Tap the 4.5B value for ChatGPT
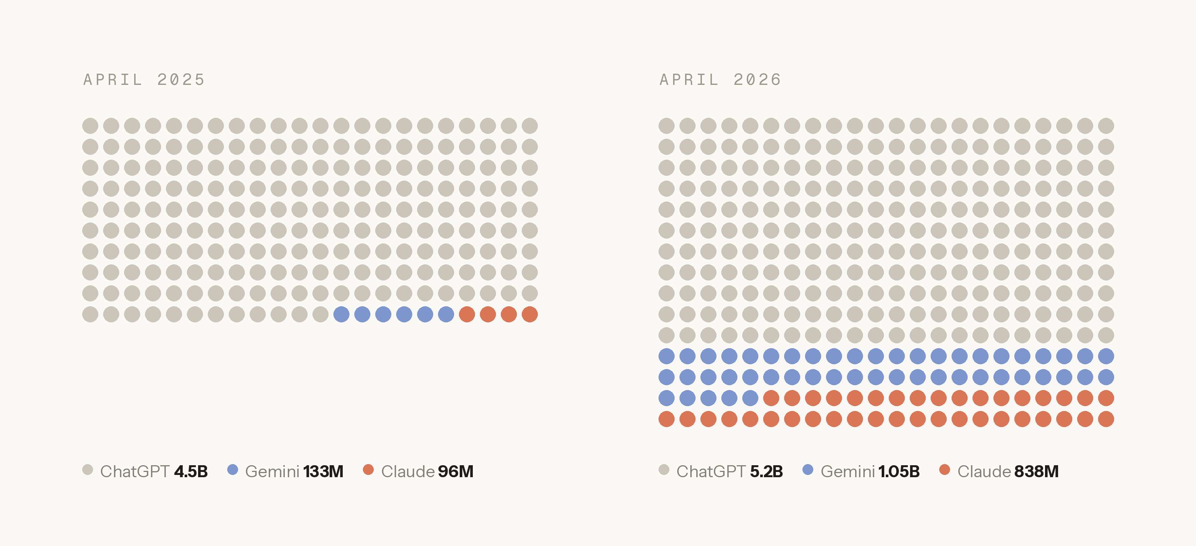(191, 471)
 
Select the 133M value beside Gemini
(324, 471)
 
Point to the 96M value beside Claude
(456, 471)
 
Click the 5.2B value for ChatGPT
(767, 471)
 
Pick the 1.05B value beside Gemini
(899, 471)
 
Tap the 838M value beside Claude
(1037, 471)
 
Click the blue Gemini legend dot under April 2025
(232, 469)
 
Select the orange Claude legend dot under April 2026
(944, 469)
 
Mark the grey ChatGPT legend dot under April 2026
(664, 469)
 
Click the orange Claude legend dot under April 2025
(368, 469)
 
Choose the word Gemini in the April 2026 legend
(848, 471)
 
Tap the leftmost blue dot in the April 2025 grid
(341, 314)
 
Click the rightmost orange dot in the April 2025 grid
(530, 314)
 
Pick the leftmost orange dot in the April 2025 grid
(467, 314)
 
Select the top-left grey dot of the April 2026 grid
(666, 125)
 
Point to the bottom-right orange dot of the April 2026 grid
(1106, 419)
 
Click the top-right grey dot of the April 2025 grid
(530, 125)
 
